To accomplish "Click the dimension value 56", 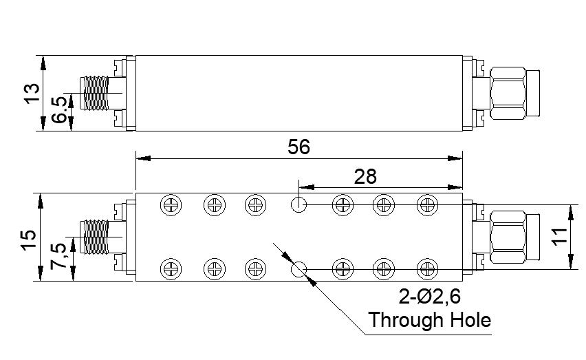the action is pos(299,147).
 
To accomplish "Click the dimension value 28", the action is pos(366,176).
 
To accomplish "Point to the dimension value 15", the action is pos(30,239).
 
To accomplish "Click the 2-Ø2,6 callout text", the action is pos(430,297).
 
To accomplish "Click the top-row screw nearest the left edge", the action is pos(170,204).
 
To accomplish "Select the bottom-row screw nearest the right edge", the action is pos(427,268).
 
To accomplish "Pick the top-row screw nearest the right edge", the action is pos(427,204).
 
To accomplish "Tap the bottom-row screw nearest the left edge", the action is pos(170,268).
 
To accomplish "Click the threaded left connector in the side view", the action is pos(95,93).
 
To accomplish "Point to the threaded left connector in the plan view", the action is pos(95,237).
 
